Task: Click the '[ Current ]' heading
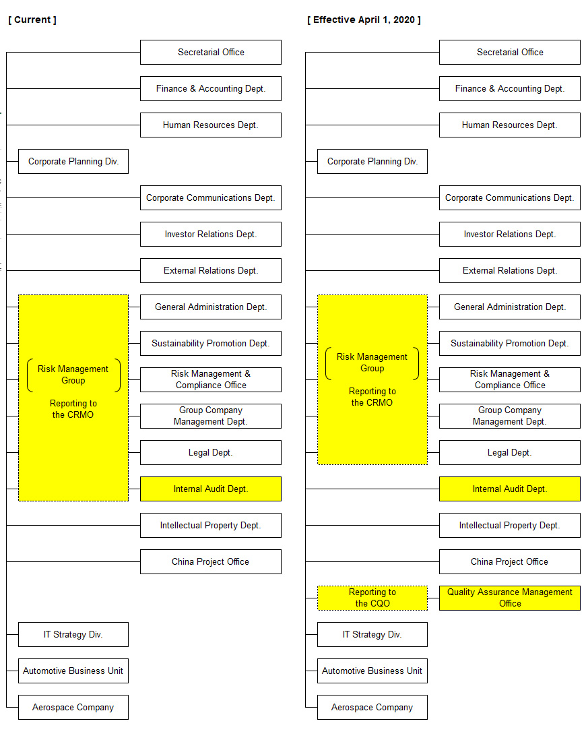tap(32, 20)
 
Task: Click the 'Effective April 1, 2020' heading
tap(364, 20)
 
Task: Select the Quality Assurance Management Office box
tap(509, 598)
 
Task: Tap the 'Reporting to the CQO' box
tap(372, 598)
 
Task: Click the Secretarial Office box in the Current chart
tap(210, 52)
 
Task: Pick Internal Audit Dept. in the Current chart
tap(210, 489)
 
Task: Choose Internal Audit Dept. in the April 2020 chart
tap(509, 489)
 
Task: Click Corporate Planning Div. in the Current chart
tap(73, 161)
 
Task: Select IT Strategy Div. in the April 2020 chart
tap(372, 635)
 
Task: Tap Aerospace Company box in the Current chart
tap(73, 707)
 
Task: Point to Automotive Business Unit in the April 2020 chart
tap(372, 671)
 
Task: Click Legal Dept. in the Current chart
tap(210, 452)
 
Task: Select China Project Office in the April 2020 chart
tap(509, 561)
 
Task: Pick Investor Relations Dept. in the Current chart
tap(210, 235)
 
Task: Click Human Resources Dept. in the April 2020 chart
tap(509, 125)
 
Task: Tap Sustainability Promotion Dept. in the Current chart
tap(210, 343)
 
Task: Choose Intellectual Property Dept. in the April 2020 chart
tap(509, 525)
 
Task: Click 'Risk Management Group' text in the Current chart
tap(73, 375)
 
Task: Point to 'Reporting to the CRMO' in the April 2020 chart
tap(372, 397)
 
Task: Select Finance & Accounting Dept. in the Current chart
tap(210, 88)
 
